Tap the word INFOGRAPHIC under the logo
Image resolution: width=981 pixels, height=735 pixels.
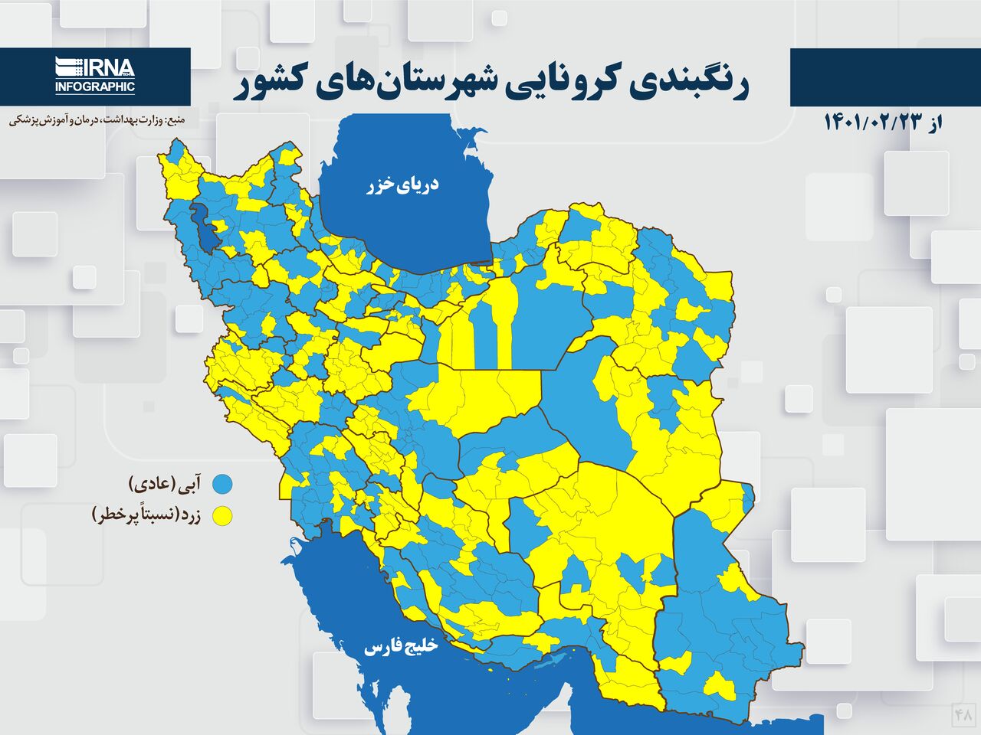(95, 87)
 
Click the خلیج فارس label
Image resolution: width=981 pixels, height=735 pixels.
(400, 647)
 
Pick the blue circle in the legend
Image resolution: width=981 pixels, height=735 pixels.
(223, 484)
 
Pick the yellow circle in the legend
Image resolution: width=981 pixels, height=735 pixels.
(223, 516)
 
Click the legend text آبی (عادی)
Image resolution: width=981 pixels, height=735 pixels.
(166, 484)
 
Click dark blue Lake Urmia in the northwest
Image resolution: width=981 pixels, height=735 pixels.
(205, 227)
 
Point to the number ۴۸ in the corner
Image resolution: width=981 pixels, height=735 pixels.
(963, 714)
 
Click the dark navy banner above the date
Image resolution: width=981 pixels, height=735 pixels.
(884, 77)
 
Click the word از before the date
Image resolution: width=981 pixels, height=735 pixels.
(932, 122)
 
